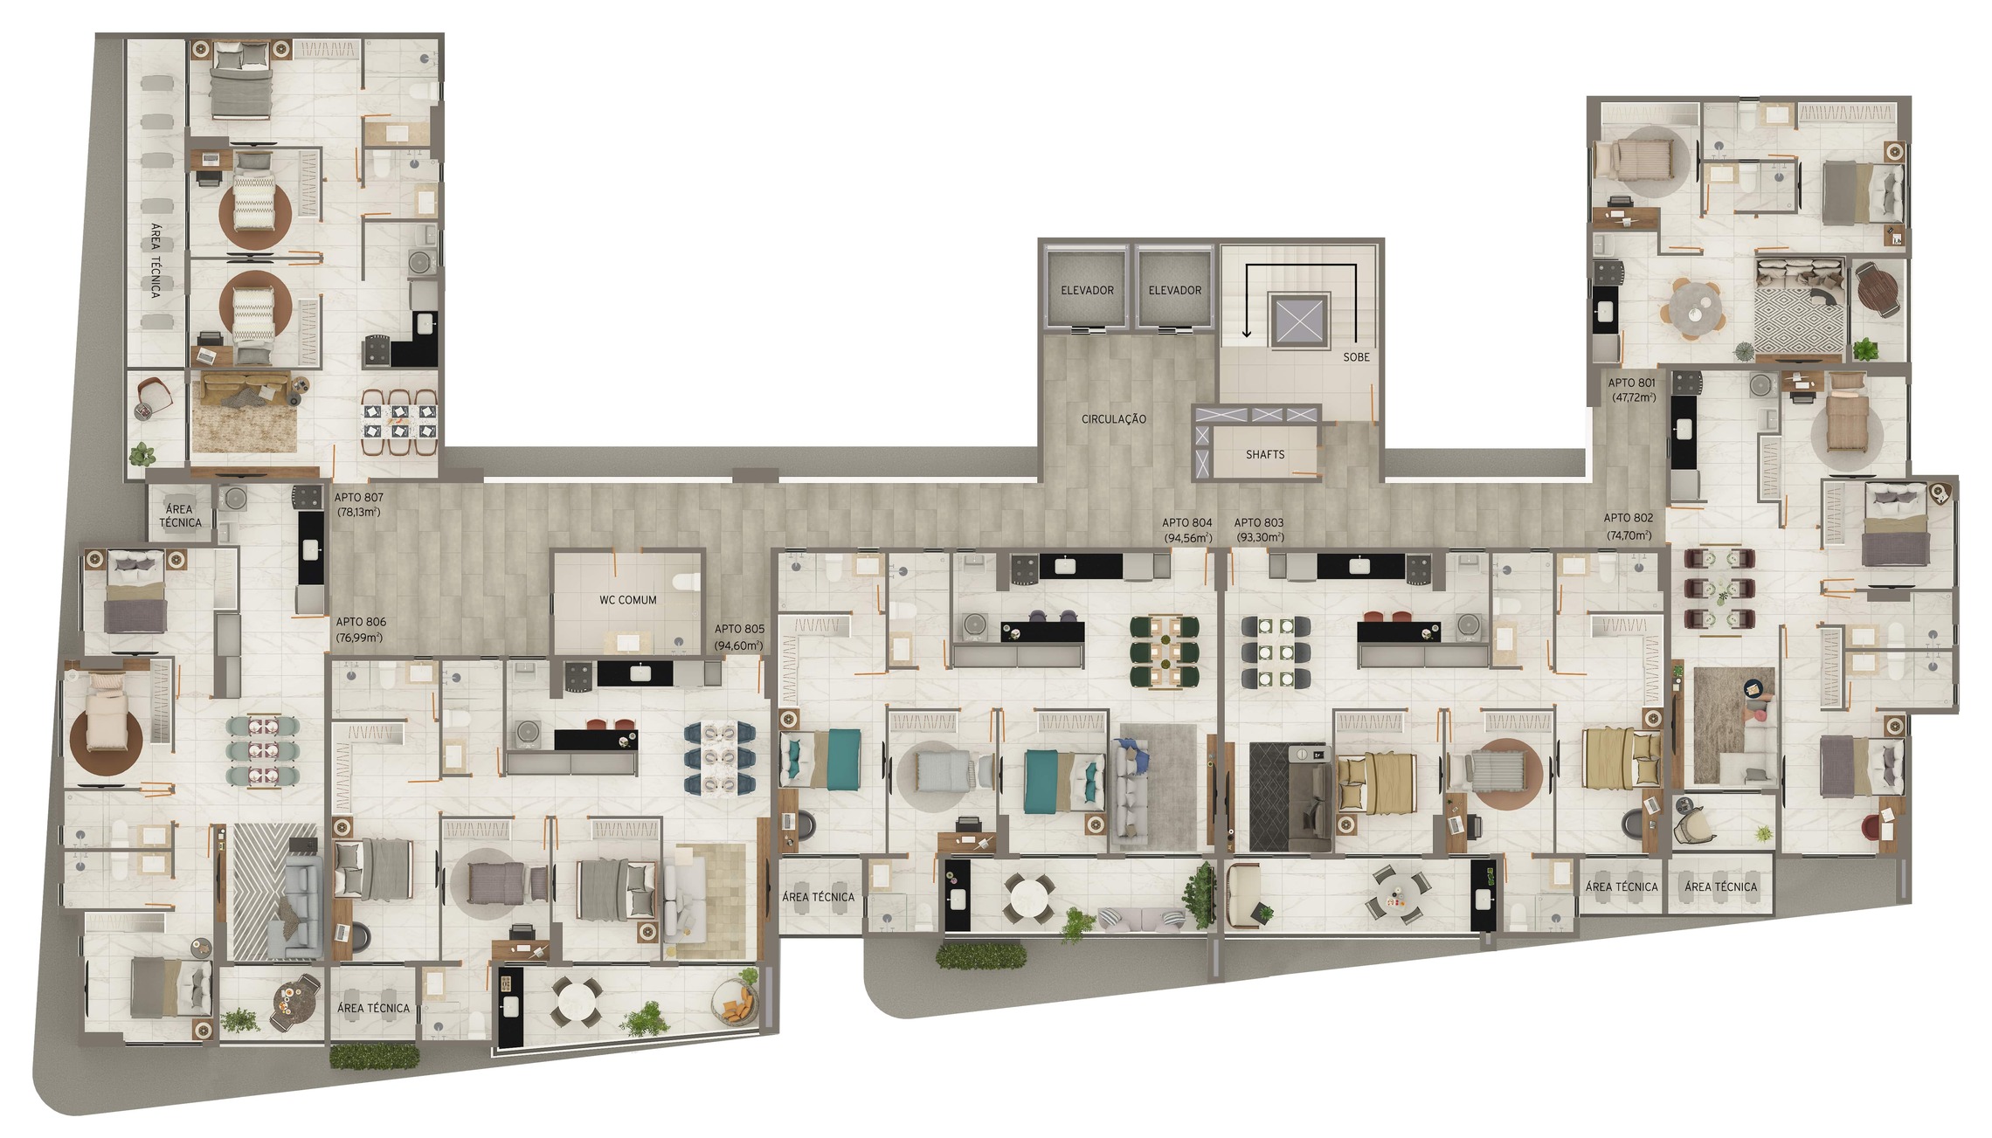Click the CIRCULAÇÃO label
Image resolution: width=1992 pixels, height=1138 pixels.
pyautogui.click(x=1113, y=419)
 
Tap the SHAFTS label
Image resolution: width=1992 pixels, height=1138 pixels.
pyautogui.click(x=1264, y=455)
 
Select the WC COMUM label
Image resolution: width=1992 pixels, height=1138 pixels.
pyautogui.click(x=627, y=600)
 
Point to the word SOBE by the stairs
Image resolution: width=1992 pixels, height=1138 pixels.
pyautogui.click(x=1356, y=357)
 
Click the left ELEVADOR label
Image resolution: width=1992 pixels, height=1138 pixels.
pyautogui.click(x=1087, y=290)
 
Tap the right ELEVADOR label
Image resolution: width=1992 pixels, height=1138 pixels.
pyautogui.click(x=1174, y=290)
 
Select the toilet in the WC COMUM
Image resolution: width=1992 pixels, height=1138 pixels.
pyautogui.click(x=688, y=582)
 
